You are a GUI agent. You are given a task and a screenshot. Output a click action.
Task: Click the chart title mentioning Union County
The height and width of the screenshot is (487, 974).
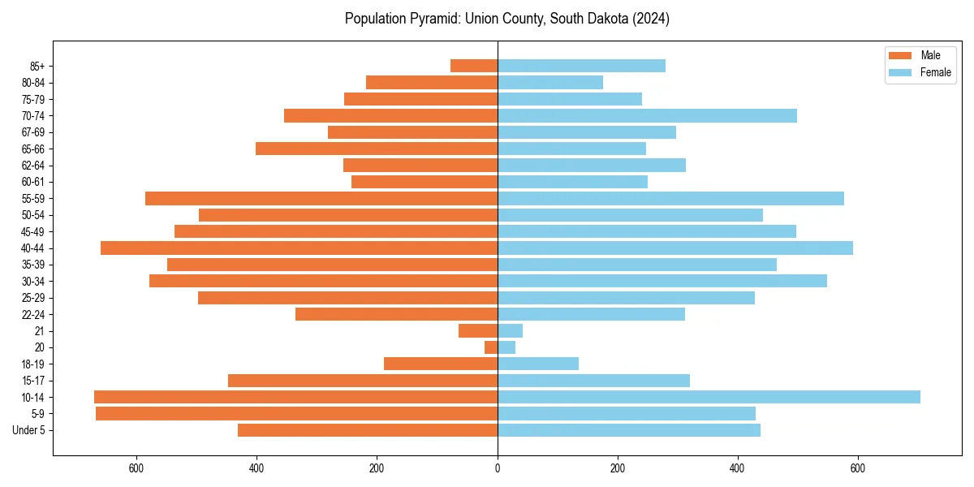506,19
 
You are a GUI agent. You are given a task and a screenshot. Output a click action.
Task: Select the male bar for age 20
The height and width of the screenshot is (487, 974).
491,347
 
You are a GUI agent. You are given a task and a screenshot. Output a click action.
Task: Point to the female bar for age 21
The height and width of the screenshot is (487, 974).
510,330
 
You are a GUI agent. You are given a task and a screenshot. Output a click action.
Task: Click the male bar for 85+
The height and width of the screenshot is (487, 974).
474,66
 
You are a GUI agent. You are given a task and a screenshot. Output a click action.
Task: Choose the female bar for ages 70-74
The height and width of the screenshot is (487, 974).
647,115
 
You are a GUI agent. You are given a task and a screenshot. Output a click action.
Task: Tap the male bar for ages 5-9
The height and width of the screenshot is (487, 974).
296,413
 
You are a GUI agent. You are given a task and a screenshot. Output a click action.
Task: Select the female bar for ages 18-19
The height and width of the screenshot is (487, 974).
538,364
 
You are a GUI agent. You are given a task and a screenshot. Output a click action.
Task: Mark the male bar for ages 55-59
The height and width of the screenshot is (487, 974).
321,198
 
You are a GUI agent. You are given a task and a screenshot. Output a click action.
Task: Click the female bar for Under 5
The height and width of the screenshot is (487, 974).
629,430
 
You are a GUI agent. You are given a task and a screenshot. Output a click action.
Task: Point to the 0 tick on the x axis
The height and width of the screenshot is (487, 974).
498,468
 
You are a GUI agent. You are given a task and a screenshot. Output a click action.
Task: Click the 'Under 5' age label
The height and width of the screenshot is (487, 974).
29,430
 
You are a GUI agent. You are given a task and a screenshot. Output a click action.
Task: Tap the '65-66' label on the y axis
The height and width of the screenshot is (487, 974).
33,149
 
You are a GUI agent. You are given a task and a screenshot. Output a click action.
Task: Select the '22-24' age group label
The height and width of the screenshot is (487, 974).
33,314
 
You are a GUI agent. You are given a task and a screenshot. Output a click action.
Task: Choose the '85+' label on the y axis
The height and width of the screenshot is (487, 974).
37,66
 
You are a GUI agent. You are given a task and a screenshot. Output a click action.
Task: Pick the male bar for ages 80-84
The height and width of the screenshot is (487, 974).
432,82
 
